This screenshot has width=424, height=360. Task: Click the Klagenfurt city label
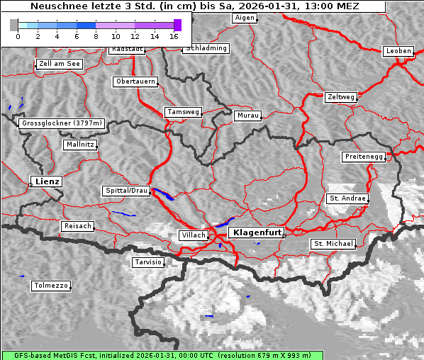tap(258, 232)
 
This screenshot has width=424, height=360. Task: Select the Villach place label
tap(193, 235)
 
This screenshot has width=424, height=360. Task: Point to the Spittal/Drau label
tap(126, 191)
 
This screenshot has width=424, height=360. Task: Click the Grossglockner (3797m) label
tap(62, 123)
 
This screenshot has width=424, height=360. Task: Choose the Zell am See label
tap(60, 64)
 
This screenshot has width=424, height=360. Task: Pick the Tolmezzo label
tap(50, 286)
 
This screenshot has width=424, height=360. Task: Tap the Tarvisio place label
tap(148, 262)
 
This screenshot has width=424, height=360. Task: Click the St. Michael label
tap(333, 244)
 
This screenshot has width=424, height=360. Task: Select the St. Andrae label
tap(347, 198)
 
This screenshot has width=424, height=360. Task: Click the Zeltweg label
tap(340, 96)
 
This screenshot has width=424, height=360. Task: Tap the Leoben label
tap(398, 51)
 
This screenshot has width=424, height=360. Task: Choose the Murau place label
tap(248, 115)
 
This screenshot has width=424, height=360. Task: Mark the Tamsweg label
tap(183, 112)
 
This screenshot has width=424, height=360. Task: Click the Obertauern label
tap(135, 81)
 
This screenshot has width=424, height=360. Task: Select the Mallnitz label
tap(79, 145)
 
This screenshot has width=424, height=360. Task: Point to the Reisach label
tap(77, 226)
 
